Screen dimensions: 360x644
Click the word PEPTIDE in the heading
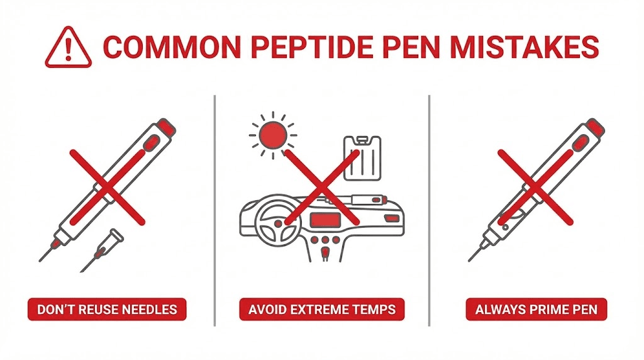click(x=299, y=48)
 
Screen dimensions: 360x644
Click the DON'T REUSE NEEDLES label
click(x=106, y=310)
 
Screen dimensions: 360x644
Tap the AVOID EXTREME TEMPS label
click(x=322, y=310)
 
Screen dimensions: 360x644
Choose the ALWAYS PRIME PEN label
click(x=536, y=310)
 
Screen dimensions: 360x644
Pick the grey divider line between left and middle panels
click(x=215, y=211)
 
